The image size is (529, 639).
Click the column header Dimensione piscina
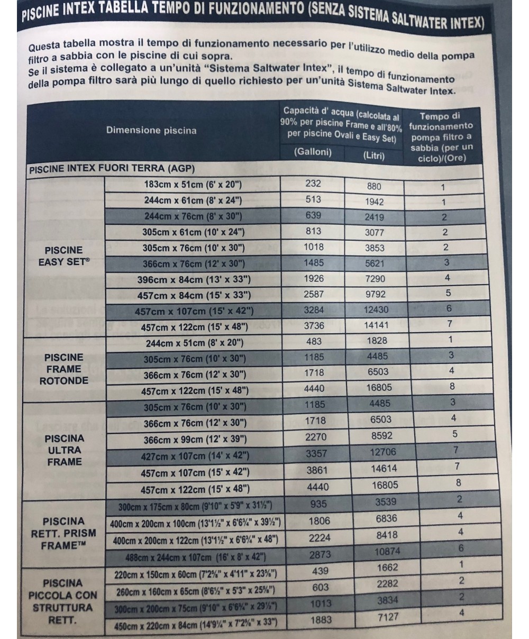pyautogui.click(x=151, y=131)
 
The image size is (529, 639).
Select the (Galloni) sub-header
pyautogui.click(x=313, y=152)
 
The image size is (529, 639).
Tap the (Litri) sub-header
pyautogui.click(x=373, y=156)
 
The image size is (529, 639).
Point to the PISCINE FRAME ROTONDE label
pyautogui.click(x=63, y=369)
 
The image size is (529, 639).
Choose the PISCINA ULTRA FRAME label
pyautogui.click(x=64, y=450)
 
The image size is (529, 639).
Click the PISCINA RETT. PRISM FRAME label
pyautogui.click(x=63, y=533)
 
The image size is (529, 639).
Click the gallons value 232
pyautogui.click(x=313, y=184)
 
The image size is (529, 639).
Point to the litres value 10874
pyautogui.click(x=388, y=551)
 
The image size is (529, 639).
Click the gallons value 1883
pyautogui.click(x=320, y=620)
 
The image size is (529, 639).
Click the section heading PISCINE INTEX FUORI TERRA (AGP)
pyautogui.click(x=112, y=169)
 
